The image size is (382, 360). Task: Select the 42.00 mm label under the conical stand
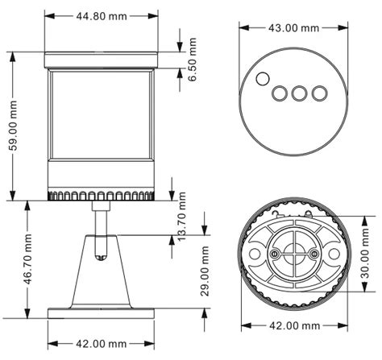[99, 343]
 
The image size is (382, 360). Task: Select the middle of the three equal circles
[299, 93]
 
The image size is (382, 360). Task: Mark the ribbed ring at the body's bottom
[100, 196]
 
